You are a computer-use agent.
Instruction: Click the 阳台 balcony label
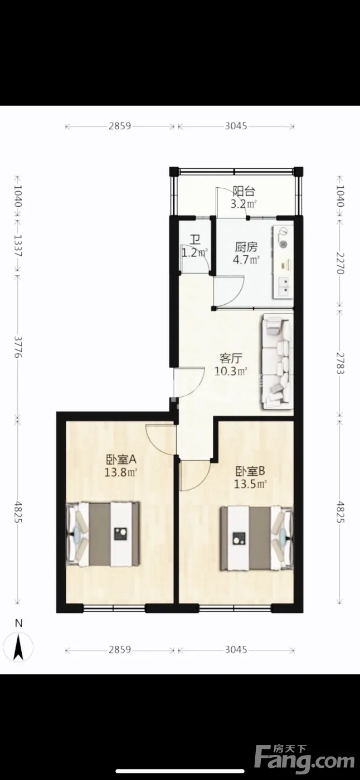coord(244,191)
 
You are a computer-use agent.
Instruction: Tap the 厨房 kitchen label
coord(246,247)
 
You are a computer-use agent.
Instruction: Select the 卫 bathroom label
coord(195,240)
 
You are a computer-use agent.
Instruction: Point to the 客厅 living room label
coord(231,358)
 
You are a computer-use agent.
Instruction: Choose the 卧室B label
coord(250,471)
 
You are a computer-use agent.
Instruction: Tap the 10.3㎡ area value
coord(231,371)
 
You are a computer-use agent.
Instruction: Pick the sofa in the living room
coord(278,361)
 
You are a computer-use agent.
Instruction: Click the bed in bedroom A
coord(103,534)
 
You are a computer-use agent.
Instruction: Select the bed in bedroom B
coord(256,538)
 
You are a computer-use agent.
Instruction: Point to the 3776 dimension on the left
coord(18,347)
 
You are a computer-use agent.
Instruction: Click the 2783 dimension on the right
coord(340,363)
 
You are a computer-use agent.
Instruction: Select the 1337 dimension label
coord(18,246)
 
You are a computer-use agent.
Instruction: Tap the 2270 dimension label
coord(340,263)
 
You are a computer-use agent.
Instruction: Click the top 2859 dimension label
coord(120,126)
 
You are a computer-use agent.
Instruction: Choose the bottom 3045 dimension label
coord(236,650)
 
